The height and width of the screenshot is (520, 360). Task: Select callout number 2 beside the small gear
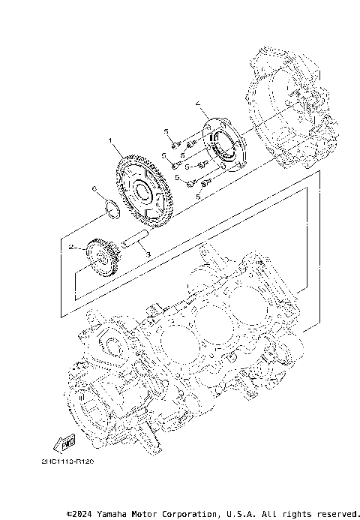tap(70, 246)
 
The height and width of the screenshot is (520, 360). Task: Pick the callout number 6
tap(94, 188)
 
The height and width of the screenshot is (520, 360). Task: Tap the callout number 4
tap(197, 103)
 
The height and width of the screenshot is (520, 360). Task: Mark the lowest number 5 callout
tap(199, 196)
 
